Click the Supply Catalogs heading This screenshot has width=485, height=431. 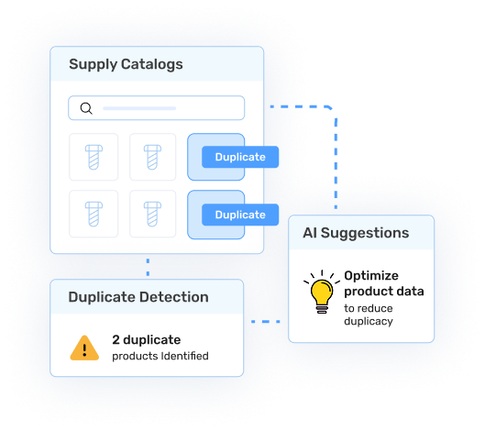pyautogui.click(x=126, y=65)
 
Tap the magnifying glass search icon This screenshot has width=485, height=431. pyautogui.click(x=86, y=108)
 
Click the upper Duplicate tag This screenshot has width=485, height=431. pyautogui.click(x=239, y=157)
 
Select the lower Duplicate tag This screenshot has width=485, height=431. pyautogui.click(x=239, y=215)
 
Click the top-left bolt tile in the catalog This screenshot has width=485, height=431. pyautogui.click(x=93, y=157)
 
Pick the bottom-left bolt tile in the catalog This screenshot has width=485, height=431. pyautogui.click(x=93, y=214)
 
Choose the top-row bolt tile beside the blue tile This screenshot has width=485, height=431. pyautogui.click(x=152, y=157)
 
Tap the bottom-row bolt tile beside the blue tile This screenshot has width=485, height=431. pyautogui.click(x=152, y=214)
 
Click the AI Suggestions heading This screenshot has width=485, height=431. pyautogui.click(x=356, y=233)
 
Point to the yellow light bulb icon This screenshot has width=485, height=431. pyautogui.click(x=320, y=291)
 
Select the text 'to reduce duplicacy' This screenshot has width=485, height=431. pyautogui.click(x=369, y=315)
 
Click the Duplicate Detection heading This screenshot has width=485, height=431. pyautogui.click(x=138, y=297)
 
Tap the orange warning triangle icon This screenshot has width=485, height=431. pyautogui.click(x=84, y=348)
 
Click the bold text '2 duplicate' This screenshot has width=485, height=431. pyautogui.click(x=146, y=339)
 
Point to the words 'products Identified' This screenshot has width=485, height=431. pyautogui.click(x=160, y=356)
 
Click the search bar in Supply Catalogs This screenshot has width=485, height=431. pyautogui.click(x=165, y=108)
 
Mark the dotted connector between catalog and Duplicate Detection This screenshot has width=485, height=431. pyautogui.click(x=148, y=266)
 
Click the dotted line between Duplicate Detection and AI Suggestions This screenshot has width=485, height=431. pyautogui.click(x=266, y=322)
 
